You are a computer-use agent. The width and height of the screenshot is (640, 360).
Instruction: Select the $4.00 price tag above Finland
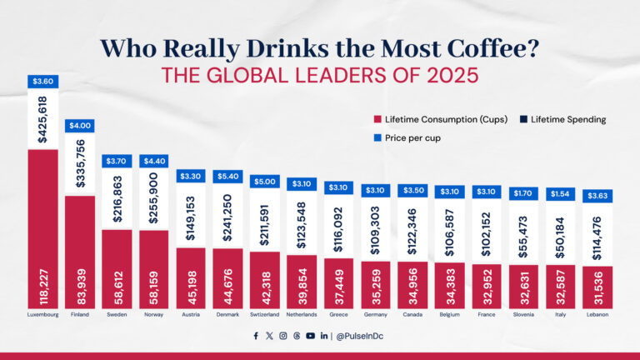tap(80, 126)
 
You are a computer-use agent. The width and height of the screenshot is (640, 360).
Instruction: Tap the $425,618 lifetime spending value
tap(42, 119)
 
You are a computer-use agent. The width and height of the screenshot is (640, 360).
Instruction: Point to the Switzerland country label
tap(265, 314)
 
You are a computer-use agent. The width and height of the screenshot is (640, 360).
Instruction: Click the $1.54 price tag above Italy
tap(561, 193)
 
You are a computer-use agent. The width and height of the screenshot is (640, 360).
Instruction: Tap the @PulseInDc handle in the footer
tap(363, 336)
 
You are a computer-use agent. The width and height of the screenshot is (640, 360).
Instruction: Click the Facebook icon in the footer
tap(256, 336)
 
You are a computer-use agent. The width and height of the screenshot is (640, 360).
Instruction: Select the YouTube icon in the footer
tap(310, 336)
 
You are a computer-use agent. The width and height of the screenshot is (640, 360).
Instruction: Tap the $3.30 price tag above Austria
tap(191, 176)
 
